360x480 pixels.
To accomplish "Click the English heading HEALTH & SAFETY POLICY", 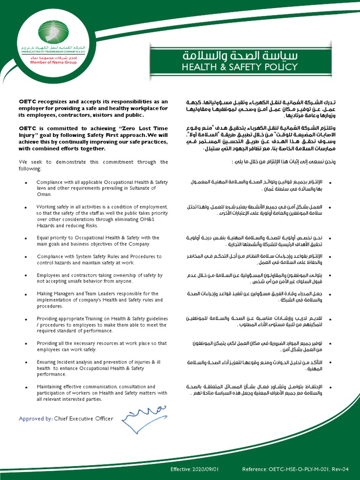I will pyautogui.click(x=240, y=67).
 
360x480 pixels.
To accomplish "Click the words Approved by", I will pyautogui.click(x=36, y=419).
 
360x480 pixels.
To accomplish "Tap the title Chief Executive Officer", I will pyautogui.click(x=83, y=419).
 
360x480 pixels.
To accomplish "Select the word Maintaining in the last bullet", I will pyautogui.click(x=52, y=387).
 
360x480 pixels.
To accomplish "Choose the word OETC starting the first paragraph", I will pyautogui.click(x=27, y=101).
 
